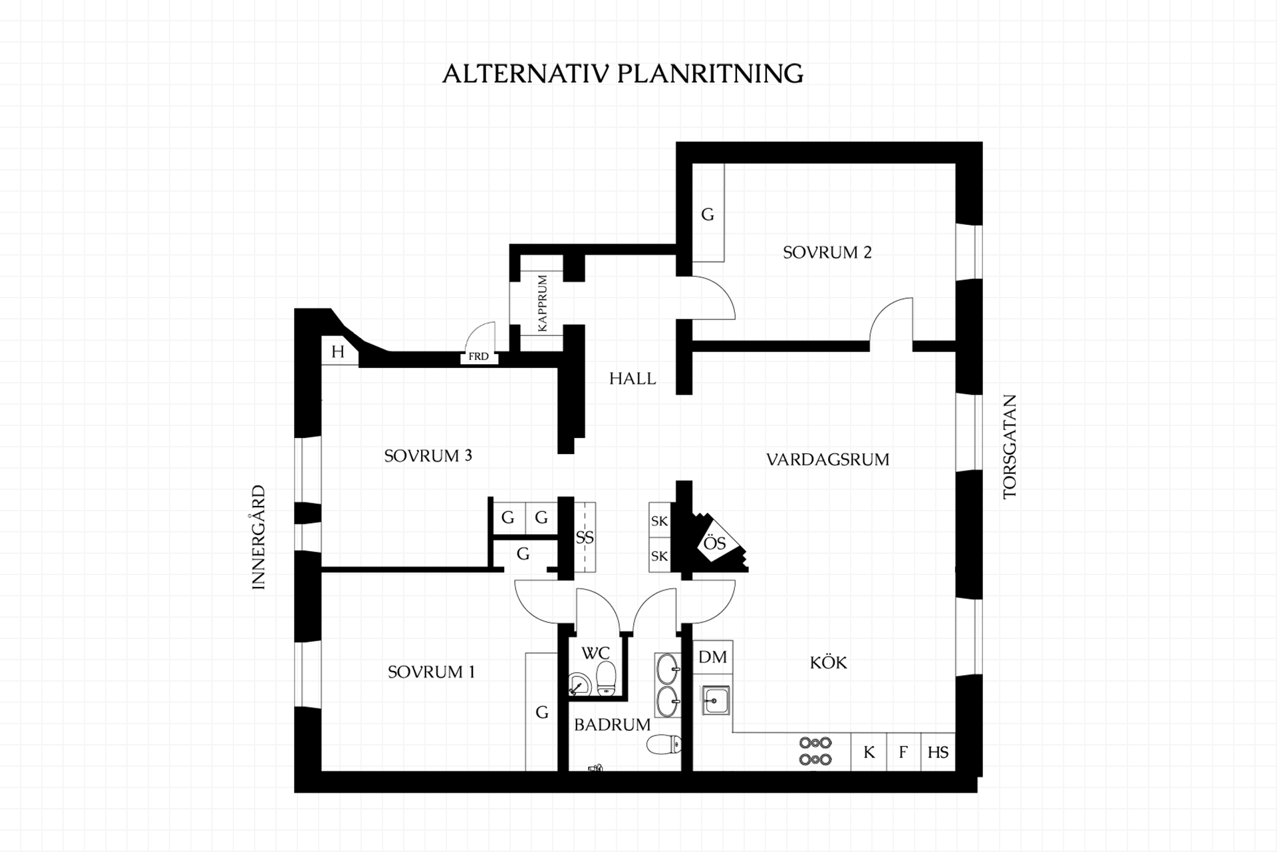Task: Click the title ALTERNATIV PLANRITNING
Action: click(x=623, y=73)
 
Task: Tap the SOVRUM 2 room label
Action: click(x=827, y=252)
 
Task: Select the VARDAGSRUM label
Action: click(x=827, y=459)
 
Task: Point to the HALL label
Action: click(x=633, y=379)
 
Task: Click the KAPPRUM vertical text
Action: click(x=542, y=303)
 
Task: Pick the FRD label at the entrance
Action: click(x=478, y=357)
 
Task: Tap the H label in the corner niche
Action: click(x=338, y=351)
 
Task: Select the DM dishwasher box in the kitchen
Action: click(x=713, y=657)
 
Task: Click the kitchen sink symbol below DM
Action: click(x=716, y=700)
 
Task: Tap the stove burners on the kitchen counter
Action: click(x=815, y=751)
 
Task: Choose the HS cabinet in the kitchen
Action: click(x=938, y=752)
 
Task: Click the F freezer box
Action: click(x=903, y=752)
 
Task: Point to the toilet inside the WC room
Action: click(x=606, y=678)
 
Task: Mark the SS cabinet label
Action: click(x=585, y=537)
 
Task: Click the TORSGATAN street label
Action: click(x=1010, y=447)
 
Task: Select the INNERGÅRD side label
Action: click(x=259, y=537)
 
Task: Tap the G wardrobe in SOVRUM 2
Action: click(x=708, y=213)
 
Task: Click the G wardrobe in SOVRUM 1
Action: click(x=541, y=712)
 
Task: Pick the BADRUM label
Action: click(x=612, y=725)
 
